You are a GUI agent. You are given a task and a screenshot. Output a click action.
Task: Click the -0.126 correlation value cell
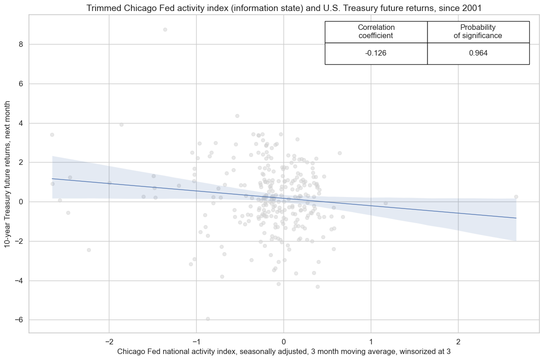(x=376, y=53)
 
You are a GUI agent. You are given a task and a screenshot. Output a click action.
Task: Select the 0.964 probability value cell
(x=478, y=53)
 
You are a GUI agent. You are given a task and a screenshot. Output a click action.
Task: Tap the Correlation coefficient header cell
(x=376, y=31)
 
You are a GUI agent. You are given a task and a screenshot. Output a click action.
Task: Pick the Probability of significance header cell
(x=478, y=31)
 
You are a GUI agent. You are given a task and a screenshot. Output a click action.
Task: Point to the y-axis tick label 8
(x=21, y=45)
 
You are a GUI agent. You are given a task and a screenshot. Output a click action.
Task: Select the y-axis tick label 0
(x=21, y=202)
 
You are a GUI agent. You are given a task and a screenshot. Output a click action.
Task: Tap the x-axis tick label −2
(x=109, y=342)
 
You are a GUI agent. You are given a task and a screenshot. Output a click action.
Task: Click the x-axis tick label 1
(x=371, y=342)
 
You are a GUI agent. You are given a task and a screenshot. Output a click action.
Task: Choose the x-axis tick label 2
(x=458, y=342)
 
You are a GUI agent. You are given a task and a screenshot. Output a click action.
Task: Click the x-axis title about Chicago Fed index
(x=283, y=352)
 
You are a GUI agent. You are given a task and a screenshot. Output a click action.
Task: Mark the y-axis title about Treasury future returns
(x=8, y=174)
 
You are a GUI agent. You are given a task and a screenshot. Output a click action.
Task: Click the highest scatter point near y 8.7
(x=165, y=29)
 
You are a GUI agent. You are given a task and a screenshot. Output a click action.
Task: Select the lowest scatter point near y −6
(x=208, y=319)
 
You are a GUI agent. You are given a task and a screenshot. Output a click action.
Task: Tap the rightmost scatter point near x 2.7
(x=516, y=197)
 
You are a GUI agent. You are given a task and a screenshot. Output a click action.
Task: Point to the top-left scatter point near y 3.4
(x=52, y=135)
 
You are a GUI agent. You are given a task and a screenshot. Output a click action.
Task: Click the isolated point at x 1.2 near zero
(x=385, y=203)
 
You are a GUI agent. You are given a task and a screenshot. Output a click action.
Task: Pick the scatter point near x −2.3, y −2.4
(x=89, y=250)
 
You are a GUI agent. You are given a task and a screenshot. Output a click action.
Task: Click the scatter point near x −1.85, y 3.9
(x=121, y=124)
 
